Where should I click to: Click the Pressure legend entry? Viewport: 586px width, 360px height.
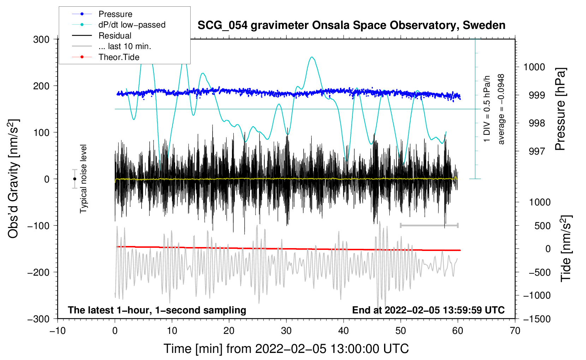115,14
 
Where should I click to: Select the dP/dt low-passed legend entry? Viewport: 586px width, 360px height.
132,25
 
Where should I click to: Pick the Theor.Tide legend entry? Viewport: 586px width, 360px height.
119,57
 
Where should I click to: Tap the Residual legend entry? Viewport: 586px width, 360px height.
115,36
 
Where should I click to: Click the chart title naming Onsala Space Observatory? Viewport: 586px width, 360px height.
351,25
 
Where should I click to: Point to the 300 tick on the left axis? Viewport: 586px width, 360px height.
41,39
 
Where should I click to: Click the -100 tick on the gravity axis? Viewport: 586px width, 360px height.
38,226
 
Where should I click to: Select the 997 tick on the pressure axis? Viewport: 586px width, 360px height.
537,151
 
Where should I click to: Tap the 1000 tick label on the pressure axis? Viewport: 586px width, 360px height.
534,67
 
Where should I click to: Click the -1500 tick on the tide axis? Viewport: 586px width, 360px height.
537,319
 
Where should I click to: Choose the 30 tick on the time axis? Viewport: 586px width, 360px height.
286,331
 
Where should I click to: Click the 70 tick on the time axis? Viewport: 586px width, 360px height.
515,331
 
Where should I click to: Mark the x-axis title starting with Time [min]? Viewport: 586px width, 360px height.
286,349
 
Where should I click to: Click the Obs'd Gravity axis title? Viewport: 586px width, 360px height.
13,179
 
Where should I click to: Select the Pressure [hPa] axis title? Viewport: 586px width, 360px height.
560,109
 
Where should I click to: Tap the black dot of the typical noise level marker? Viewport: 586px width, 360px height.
74,179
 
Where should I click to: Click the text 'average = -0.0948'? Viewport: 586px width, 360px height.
501,109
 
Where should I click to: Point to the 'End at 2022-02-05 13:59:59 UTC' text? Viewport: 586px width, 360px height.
428,310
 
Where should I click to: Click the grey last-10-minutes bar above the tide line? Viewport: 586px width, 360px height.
429,225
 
